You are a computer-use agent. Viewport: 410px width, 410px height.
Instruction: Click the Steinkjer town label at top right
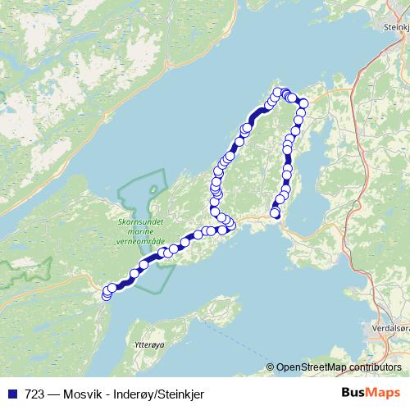[395, 27]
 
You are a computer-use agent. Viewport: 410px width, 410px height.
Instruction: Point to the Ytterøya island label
[148, 346]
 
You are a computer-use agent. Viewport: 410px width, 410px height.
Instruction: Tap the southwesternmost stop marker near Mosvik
[106, 294]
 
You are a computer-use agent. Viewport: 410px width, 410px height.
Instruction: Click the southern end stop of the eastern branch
[276, 214]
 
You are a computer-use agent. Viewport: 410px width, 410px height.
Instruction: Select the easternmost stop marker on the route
[303, 103]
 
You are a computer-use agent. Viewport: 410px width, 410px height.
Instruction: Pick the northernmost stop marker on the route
[277, 92]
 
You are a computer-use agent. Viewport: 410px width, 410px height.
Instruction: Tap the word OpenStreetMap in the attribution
[311, 367]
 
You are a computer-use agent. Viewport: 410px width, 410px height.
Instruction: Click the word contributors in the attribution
[375, 367]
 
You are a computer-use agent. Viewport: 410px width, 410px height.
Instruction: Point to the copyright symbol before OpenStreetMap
[271, 367]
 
